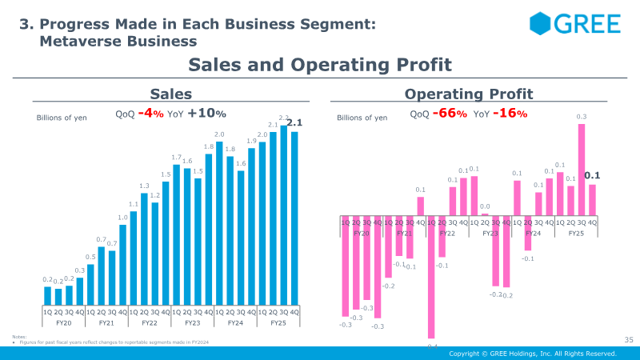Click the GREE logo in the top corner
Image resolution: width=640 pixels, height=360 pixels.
(574, 23)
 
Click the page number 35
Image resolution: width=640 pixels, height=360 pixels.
(628, 341)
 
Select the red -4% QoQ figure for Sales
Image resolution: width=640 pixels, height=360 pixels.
(150, 114)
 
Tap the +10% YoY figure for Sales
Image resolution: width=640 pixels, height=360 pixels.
(206, 114)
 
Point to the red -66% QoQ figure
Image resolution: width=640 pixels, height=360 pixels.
(449, 114)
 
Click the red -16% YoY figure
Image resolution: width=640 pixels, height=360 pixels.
(510, 114)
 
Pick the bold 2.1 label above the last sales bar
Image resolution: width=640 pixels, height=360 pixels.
(294, 122)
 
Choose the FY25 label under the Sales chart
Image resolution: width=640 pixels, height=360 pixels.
(278, 323)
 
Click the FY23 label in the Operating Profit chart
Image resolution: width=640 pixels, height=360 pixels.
(490, 233)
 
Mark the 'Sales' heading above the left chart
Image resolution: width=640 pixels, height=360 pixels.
(171, 94)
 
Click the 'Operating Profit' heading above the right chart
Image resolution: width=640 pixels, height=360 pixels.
(469, 94)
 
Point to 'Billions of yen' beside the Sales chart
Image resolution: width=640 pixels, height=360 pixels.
(62, 118)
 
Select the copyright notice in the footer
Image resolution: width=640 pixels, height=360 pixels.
(532, 354)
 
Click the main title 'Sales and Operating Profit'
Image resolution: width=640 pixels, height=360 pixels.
(320, 64)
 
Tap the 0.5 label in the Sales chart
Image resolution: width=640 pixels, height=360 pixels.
(90, 257)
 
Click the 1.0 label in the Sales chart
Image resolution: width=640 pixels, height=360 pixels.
(122, 218)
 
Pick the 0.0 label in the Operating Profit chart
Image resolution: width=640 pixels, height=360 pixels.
(485, 206)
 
